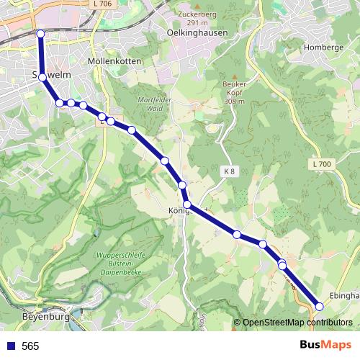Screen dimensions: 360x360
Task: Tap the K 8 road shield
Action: click(230, 171)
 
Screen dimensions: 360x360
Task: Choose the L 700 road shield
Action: click(323, 165)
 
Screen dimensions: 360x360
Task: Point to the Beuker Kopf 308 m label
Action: click(230, 94)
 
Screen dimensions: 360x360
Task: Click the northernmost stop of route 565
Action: click(40, 34)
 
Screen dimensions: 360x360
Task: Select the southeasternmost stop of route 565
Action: click(320, 306)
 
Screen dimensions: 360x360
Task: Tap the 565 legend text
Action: click(30, 346)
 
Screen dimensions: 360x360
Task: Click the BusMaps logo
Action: click(325, 345)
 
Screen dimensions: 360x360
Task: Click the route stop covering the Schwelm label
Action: click(43, 77)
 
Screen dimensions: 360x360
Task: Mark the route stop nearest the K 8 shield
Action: click(183, 186)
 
